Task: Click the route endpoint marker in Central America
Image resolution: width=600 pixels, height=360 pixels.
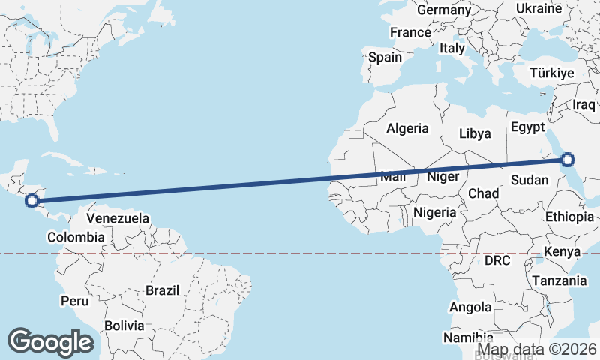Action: tap(32, 200)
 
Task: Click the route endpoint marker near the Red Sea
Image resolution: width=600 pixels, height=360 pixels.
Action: tap(568, 159)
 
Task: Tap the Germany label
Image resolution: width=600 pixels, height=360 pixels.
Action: tap(443, 10)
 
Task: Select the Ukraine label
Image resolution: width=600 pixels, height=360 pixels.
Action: tap(538, 9)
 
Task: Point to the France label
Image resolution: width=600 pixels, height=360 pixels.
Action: tap(410, 33)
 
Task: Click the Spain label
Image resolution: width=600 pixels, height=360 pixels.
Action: tap(385, 57)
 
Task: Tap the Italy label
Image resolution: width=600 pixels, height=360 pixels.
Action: tap(452, 48)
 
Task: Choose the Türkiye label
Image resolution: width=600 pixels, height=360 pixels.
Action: tap(551, 73)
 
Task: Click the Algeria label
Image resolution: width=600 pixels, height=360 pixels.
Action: tap(407, 129)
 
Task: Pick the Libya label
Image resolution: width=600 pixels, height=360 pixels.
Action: tap(475, 134)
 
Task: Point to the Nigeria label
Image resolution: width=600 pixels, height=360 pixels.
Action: tap(434, 212)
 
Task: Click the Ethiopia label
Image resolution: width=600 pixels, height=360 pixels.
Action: tap(569, 217)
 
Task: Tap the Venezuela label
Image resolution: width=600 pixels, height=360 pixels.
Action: tap(118, 219)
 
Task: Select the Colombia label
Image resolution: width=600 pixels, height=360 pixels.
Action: tap(75, 237)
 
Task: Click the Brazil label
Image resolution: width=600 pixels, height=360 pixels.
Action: tap(163, 290)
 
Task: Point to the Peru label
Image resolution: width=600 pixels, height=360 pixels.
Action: tap(74, 301)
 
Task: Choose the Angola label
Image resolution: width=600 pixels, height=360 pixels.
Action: tap(470, 307)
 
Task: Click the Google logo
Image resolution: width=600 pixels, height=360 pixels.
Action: tap(50, 342)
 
